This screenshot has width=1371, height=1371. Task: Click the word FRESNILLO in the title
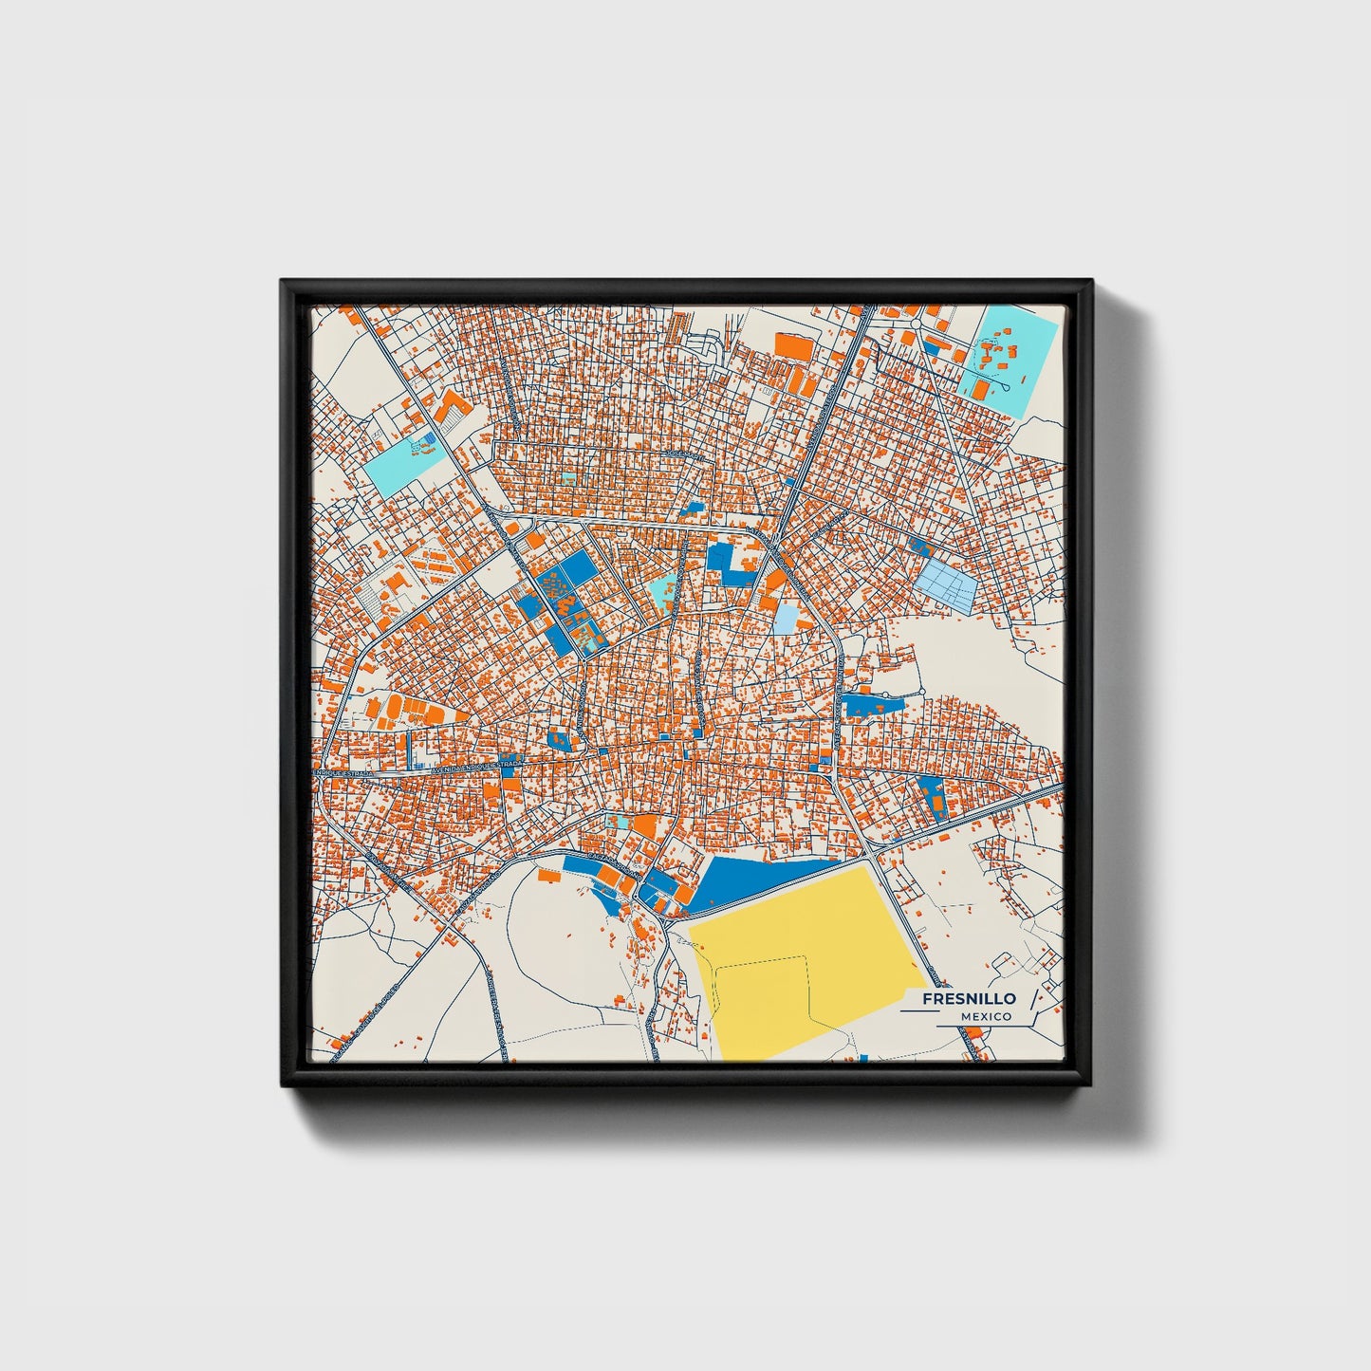click(x=969, y=998)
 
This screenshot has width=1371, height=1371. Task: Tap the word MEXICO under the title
click(x=986, y=1016)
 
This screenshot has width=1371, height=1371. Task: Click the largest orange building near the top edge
click(x=795, y=346)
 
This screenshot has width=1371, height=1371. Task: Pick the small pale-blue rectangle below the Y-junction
click(x=787, y=620)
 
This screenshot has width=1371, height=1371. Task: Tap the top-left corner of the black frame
click(x=282, y=281)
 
